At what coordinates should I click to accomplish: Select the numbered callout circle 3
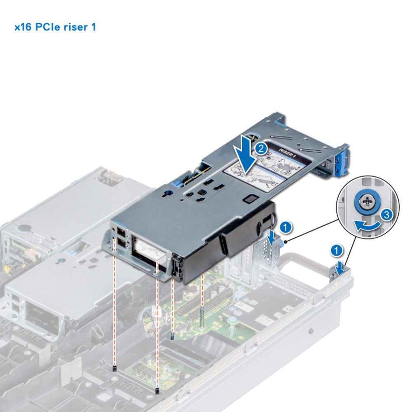pyautogui.click(x=385, y=214)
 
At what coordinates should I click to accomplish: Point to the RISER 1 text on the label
pyautogui.click(x=288, y=155)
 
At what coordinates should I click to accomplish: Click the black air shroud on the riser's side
pyautogui.click(x=239, y=239)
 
